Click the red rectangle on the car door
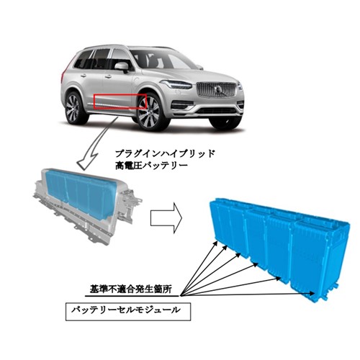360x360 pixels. (120, 95)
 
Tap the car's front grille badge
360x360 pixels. (218, 89)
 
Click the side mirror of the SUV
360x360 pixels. (122, 66)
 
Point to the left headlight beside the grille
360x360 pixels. (176, 84)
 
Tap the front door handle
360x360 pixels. (108, 76)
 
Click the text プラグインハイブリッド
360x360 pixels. (165, 153)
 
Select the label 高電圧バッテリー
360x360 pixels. (151, 166)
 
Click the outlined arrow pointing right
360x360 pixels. (166, 218)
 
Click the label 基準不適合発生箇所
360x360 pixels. (131, 289)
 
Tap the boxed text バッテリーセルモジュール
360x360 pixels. (128, 312)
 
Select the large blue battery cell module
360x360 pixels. (280, 247)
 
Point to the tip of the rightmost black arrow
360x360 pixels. (315, 294)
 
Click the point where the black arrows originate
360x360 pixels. (181, 296)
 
